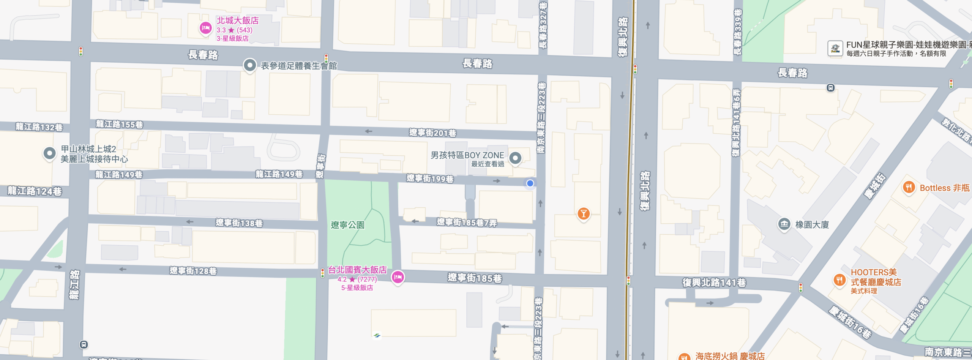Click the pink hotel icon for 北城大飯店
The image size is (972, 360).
[205, 28]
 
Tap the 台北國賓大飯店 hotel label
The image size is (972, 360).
[357, 270]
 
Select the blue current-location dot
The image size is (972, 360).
[530, 183]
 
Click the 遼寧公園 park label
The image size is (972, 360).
[347, 225]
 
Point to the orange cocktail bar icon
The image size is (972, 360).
[583, 213]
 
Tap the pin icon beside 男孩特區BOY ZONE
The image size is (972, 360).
[515, 158]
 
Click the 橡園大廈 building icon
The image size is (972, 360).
[784, 224]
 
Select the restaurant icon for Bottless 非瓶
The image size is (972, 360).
[909, 187]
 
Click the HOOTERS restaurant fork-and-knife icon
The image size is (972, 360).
[839, 280]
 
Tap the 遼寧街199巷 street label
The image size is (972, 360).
[430, 179]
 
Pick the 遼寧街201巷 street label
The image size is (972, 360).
[432, 133]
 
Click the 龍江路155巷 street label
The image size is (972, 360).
[119, 125]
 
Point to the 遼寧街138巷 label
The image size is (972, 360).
[239, 223]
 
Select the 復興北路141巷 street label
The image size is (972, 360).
[714, 283]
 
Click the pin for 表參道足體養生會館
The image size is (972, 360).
[249, 65]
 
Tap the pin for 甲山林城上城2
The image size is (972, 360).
[49, 153]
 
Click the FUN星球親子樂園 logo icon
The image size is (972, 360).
[835, 49]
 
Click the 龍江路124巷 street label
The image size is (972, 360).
[35, 191]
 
